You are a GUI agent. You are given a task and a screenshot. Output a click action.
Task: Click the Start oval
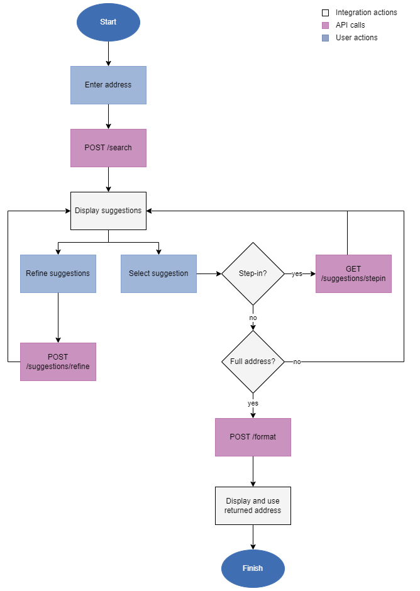coord(108,22)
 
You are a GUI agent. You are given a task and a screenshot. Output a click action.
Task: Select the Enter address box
coord(108,85)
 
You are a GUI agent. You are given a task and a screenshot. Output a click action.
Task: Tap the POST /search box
coord(108,148)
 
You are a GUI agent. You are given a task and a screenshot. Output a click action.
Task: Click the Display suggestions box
coord(108,211)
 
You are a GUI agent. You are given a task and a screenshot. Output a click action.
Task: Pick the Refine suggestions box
coord(58,273)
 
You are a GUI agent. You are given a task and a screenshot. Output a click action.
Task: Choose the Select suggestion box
coord(158,273)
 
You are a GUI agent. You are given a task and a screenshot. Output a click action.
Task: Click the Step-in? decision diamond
coord(253,273)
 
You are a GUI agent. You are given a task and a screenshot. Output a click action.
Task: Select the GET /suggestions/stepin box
coord(353,273)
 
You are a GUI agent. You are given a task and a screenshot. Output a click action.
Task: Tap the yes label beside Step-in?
coord(297,274)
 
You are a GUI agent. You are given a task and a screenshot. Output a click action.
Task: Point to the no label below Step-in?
coord(253,318)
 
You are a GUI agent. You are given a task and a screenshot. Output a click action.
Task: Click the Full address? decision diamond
coord(253,362)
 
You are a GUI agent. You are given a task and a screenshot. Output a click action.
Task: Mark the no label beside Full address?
coord(297,362)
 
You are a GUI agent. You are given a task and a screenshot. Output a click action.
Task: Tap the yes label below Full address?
coord(253,404)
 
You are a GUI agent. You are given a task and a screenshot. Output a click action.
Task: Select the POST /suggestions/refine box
coord(58,362)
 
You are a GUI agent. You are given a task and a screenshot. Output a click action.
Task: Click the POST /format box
coord(253,437)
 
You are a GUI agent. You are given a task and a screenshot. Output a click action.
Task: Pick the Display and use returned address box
coord(253,505)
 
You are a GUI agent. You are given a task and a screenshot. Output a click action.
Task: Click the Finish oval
coord(253,568)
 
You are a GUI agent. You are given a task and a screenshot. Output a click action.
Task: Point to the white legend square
coord(325,13)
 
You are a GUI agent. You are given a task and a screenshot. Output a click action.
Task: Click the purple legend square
coord(325,26)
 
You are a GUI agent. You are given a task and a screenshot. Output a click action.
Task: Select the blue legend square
coord(325,38)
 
